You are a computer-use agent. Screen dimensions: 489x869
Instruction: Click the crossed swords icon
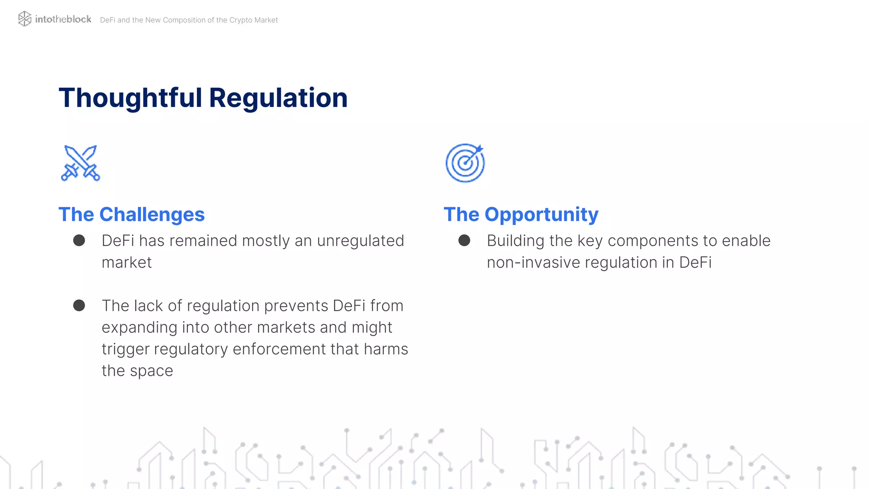pos(80,163)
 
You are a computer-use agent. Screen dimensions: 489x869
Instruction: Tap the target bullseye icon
pos(465,163)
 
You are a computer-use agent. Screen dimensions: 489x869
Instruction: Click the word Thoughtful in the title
pos(130,98)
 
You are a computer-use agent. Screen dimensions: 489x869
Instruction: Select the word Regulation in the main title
pos(278,98)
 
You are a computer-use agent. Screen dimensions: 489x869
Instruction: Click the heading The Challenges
pos(132,214)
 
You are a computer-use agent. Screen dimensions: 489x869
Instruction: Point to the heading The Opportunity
pos(521,214)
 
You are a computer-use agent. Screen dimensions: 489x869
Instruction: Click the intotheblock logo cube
pos(25,19)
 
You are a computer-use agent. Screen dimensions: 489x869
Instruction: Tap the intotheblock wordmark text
pos(63,19)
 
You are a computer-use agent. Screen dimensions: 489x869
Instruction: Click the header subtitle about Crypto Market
pos(189,20)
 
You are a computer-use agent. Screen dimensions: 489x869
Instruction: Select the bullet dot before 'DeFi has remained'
pos(79,241)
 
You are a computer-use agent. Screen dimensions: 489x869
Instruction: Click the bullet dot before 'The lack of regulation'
pos(79,306)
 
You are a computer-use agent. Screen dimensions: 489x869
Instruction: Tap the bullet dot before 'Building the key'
pos(464,241)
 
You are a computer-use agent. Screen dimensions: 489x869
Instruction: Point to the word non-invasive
pos(533,263)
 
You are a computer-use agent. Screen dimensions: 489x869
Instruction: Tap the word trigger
pos(125,349)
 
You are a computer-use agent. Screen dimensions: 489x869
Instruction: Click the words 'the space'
pos(137,371)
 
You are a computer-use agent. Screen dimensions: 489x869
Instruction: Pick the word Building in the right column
pos(515,241)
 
